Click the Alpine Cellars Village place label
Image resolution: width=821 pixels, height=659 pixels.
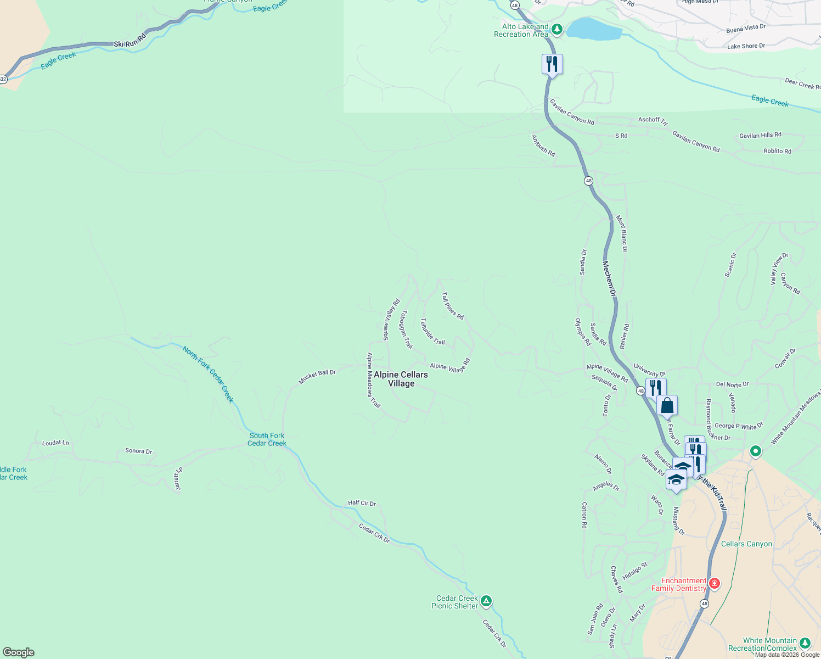401,379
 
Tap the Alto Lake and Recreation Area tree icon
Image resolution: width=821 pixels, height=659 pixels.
557,30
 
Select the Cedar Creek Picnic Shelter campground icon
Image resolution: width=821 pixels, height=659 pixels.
486,602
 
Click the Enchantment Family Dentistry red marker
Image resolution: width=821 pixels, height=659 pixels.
714,584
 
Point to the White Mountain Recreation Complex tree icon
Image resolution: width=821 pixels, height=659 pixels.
805,643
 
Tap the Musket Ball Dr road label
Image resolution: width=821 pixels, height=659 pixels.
317,376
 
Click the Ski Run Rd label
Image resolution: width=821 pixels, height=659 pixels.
130,41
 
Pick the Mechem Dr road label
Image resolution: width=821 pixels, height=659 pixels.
609,279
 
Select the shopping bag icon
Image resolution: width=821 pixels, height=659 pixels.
667,406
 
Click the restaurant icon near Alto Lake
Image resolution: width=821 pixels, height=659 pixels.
552,64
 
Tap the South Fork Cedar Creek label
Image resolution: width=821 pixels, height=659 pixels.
267,439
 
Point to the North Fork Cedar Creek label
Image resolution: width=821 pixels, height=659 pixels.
209,374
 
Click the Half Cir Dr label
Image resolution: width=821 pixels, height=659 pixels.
362,503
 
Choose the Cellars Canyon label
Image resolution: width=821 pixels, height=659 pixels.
746,544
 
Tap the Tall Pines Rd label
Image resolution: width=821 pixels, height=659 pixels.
453,306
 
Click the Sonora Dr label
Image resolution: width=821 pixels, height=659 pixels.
138,451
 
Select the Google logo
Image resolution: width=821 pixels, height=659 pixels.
19,652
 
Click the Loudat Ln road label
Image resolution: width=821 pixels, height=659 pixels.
55,443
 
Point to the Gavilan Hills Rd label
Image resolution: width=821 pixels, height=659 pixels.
760,135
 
